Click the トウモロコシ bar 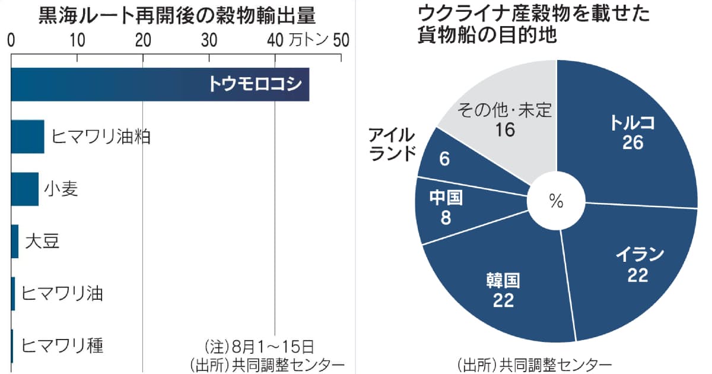point(160,84)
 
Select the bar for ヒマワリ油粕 point(27,137)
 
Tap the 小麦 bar point(24,189)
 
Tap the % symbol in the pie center point(556,202)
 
